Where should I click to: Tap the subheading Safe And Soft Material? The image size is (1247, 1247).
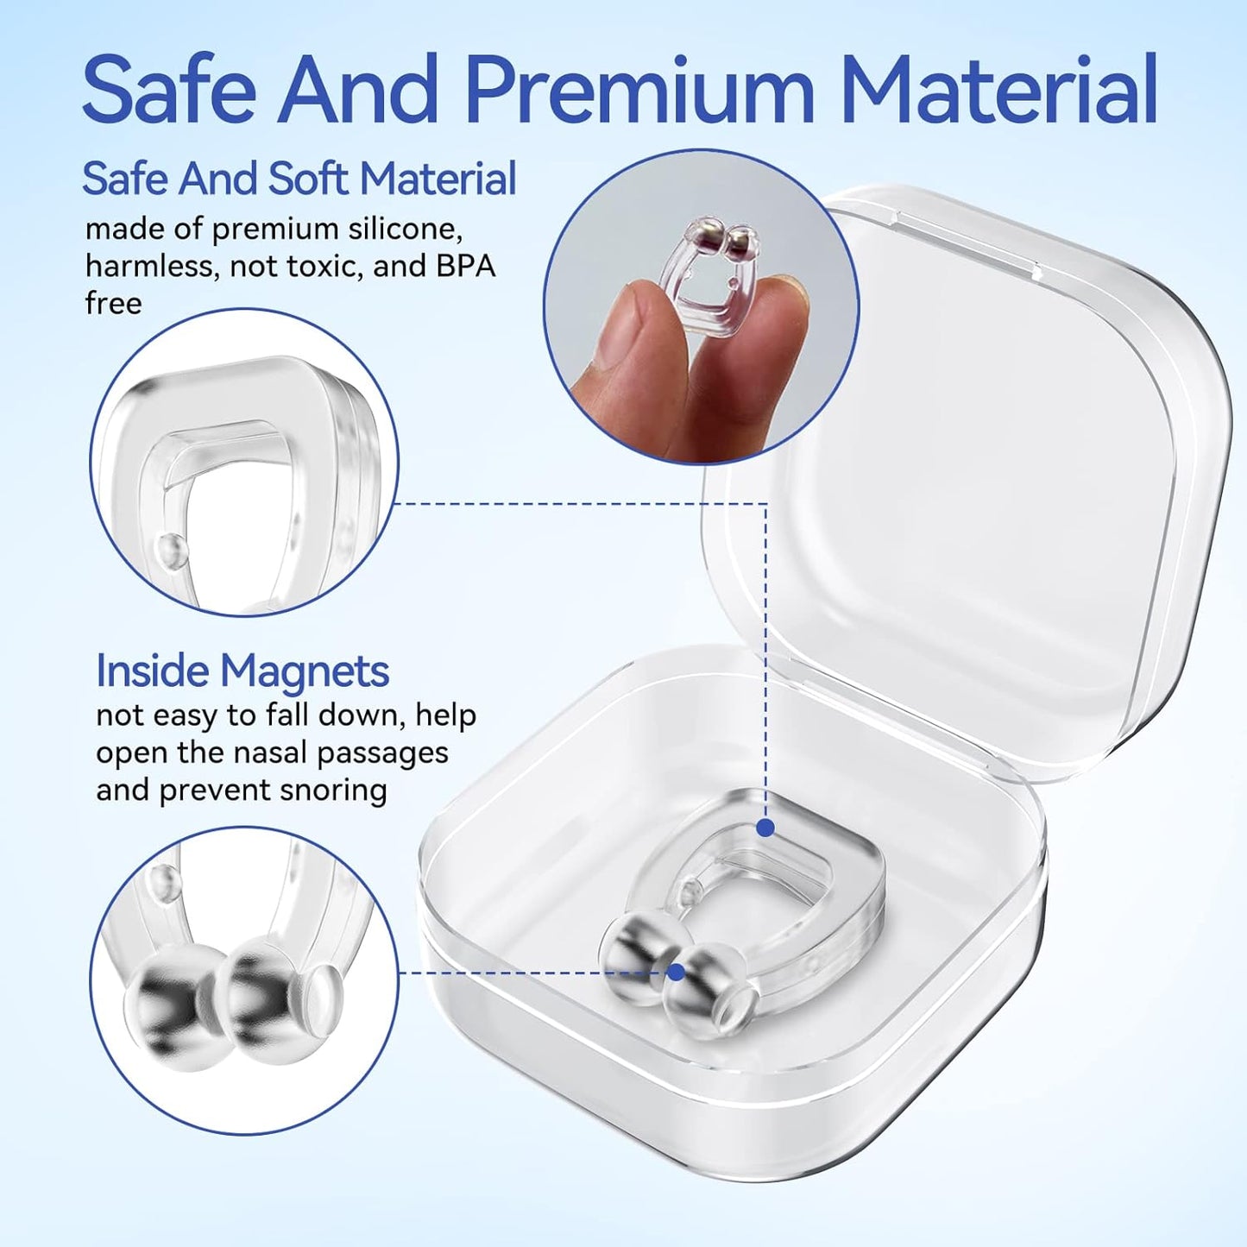pyautogui.click(x=299, y=179)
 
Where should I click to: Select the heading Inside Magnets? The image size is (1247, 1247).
pyautogui.click(x=242, y=671)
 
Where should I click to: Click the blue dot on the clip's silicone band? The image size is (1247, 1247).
pyautogui.click(x=765, y=827)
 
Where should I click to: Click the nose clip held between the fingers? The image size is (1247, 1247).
pyautogui.click(x=705, y=272)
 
